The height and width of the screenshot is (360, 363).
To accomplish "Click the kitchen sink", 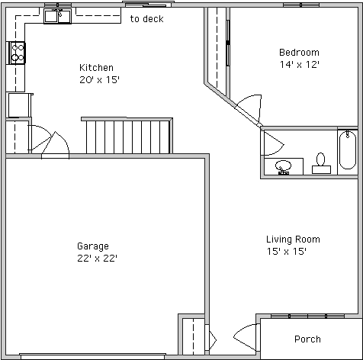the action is click(57, 16).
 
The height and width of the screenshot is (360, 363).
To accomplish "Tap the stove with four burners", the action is click(18, 53).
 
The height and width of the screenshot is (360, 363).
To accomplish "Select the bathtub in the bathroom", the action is click(348, 150).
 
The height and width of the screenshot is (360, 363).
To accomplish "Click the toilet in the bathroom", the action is click(321, 163).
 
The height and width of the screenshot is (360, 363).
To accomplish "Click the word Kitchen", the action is click(96, 68).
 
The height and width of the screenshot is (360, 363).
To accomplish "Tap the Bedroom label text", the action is click(299, 53).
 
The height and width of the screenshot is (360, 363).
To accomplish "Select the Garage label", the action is click(93, 246).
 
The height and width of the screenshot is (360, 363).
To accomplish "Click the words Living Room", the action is click(293, 239).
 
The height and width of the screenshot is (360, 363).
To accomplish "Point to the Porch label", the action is click(307, 339).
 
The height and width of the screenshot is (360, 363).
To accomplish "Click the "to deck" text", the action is click(146, 19).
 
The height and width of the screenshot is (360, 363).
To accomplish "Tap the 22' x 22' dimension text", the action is click(98, 259).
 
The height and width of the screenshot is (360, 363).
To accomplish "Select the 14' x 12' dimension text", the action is click(300, 65).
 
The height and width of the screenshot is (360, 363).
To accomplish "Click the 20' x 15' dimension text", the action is click(99, 80).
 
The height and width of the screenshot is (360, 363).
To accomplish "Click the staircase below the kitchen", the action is click(127, 136).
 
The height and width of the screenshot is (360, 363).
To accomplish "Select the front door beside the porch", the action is click(246, 337).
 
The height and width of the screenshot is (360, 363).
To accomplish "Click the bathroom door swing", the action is click(274, 143).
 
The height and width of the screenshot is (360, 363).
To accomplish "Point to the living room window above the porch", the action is click(307, 316).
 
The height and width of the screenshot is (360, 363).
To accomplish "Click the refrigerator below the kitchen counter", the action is click(20, 105).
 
